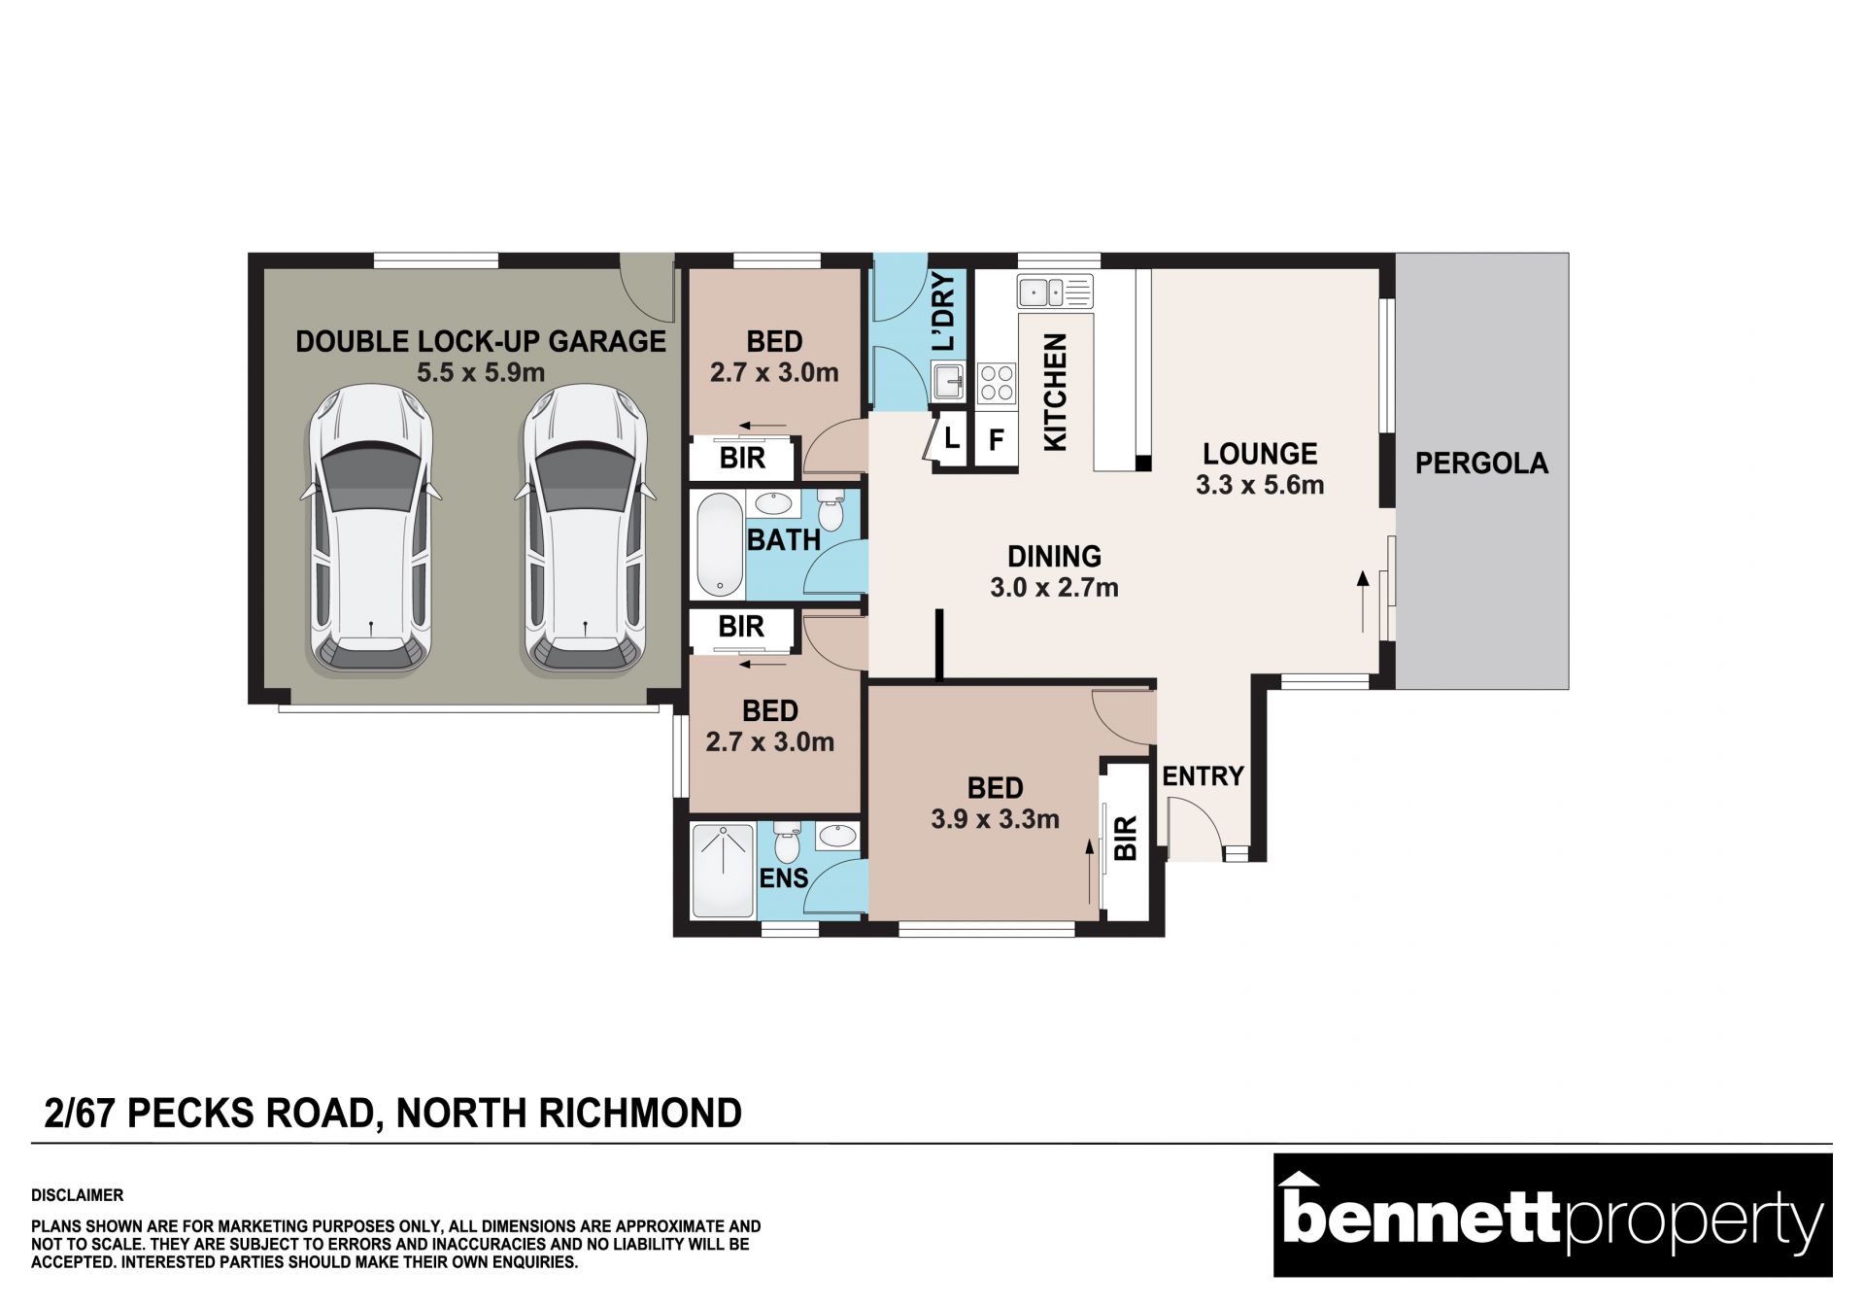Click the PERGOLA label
coord(1481,463)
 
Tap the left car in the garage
coord(371,529)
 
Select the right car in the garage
coord(585,529)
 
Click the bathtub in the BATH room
coord(718,544)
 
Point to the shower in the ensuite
coord(723,870)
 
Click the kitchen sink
coord(1055,291)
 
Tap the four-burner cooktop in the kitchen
coord(997,382)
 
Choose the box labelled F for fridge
coord(996,440)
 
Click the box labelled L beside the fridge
coord(950,440)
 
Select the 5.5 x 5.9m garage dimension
coord(481,372)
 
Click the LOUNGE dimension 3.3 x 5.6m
coord(1260,484)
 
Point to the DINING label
coord(1054,556)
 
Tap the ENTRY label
coord(1204,775)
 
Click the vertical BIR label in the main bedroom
coord(1125,838)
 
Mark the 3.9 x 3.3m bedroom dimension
coord(995,819)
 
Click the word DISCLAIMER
coord(78,1195)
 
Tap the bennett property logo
coord(1552,1215)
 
